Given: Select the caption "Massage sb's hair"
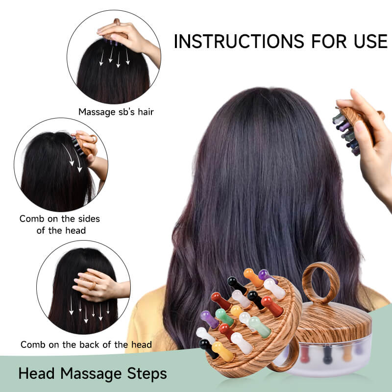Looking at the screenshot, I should (116, 112).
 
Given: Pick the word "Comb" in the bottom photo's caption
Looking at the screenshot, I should (32, 344).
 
